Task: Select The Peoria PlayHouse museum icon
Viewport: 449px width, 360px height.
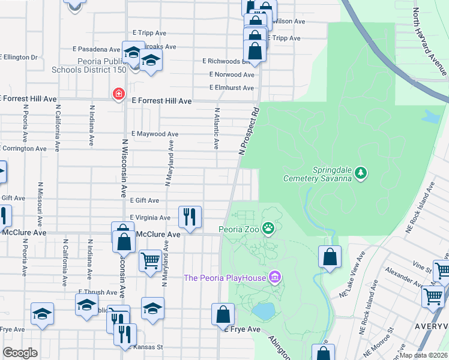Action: (x=274, y=277)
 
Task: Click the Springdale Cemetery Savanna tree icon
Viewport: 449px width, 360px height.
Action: (x=360, y=173)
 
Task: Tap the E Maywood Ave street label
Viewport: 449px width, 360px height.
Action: (x=155, y=134)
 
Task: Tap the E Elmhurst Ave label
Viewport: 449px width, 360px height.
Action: (x=232, y=88)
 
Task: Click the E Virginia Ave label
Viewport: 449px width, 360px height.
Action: (x=150, y=218)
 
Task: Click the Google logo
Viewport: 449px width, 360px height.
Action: (x=20, y=353)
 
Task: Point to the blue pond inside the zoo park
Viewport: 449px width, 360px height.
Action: (x=262, y=311)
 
